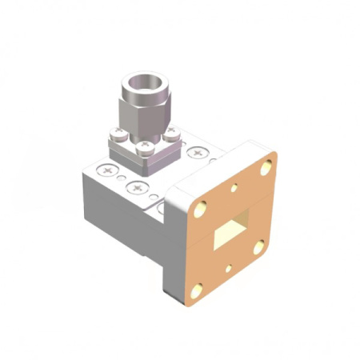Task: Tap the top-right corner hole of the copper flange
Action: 267,169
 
